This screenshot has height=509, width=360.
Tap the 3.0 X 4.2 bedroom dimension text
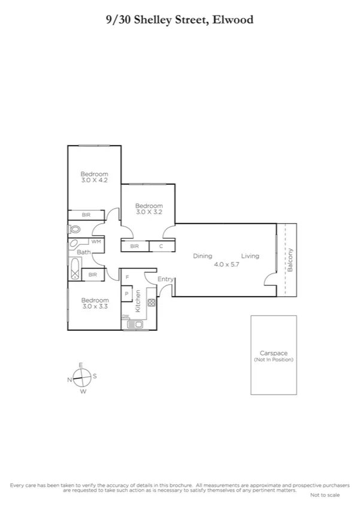[94, 180]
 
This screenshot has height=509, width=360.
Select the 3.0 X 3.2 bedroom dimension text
[149, 212]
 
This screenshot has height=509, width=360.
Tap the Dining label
[202, 256]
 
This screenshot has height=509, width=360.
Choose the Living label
[250, 256]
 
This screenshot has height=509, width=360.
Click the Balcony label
[291, 260]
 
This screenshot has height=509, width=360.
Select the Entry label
[165, 279]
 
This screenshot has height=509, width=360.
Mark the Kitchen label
[138, 301]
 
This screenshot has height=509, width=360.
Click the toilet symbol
[74, 230]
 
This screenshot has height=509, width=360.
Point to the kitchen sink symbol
[134, 324]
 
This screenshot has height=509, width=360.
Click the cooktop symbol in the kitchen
[150, 303]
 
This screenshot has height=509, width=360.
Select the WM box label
[95, 242]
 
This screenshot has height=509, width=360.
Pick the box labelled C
[161, 246]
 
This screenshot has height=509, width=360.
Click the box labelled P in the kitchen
[127, 294]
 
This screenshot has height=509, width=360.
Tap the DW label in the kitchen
[125, 317]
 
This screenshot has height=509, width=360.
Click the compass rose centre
[82, 378]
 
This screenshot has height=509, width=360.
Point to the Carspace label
[273, 354]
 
